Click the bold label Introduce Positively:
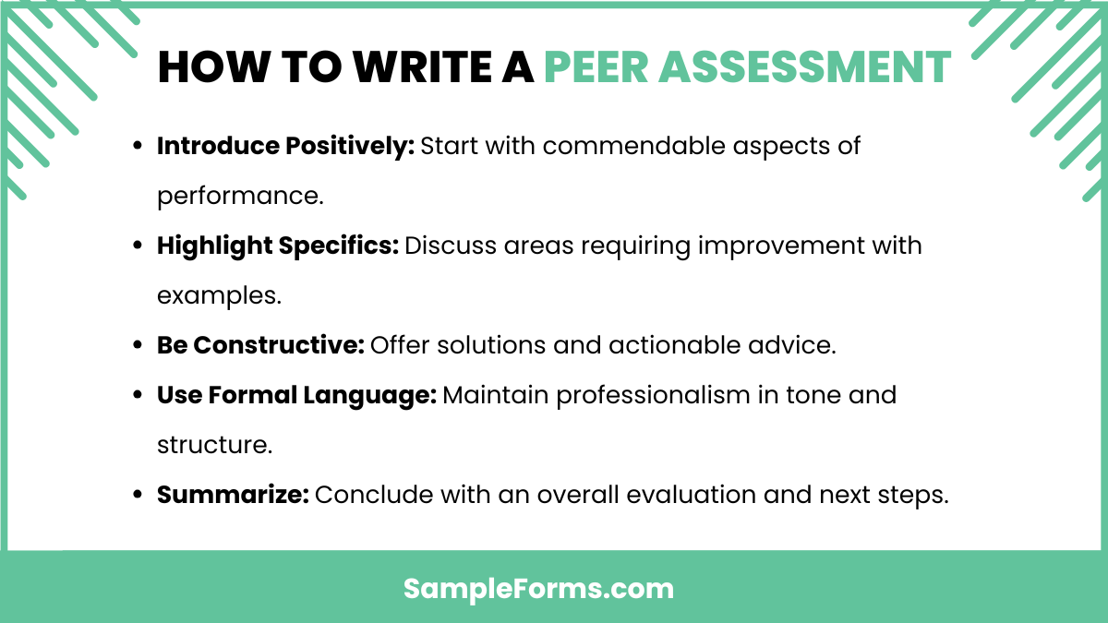[285, 146]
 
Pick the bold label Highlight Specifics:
[277, 246]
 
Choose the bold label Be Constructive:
[260, 345]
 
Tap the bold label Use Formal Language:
[296, 395]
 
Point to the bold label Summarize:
[233, 495]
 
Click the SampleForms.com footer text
[539, 588]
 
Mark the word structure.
[213, 445]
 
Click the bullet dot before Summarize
[138, 496]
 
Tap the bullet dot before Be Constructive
[138, 346]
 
